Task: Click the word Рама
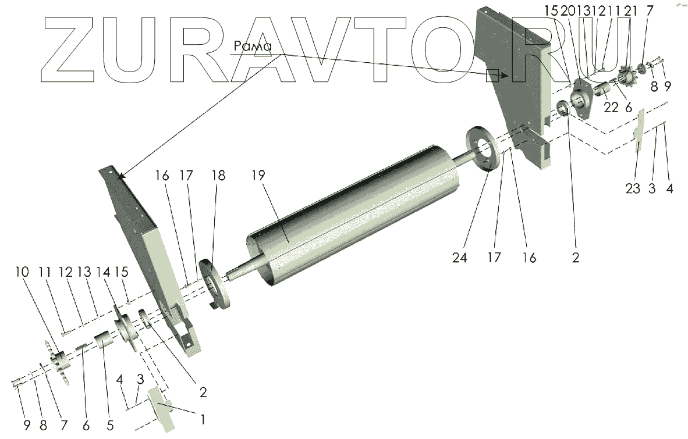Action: pyautogui.click(x=253, y=46)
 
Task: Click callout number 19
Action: pyautogui.click(x=258, y=175)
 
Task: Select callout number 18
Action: pyautogui.click(x=218, y=175)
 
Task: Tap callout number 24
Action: pyautogui.click(x=459, y=258)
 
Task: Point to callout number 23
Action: pyautogui.click(x=633, y=188)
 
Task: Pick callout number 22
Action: pyautogui.click(x=611, y=107)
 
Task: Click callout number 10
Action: pyautogui.click(x=22, y=272)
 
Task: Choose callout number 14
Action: pyautogui.click(x=102, y=272)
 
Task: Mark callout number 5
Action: pyautogui.click(x=109, y=425)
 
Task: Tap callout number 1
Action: pyautogui.click(x=203, y=419)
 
